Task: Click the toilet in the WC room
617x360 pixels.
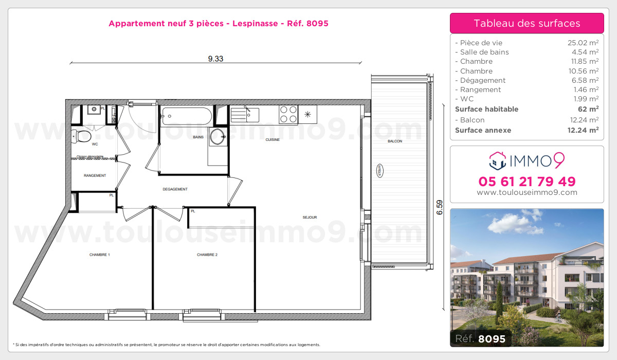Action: click(82, 136)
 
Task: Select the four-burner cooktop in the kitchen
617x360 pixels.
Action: click(288, 114)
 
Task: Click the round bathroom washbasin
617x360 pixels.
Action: click(217, 136)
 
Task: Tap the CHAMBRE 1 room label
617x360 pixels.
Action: click(100, 255)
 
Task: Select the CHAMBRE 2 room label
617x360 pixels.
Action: click(207, 255)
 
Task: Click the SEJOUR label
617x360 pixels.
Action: click(310, 218)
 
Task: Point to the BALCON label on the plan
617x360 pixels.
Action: click(395, 141)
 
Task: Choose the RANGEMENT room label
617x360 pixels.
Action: click(95, 176)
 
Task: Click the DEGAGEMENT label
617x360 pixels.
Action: click(175, 189)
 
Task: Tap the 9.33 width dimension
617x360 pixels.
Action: click(215, 59)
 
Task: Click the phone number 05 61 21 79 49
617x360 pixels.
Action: click(527, 182)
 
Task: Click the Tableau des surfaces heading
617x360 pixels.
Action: click(527, 23)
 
